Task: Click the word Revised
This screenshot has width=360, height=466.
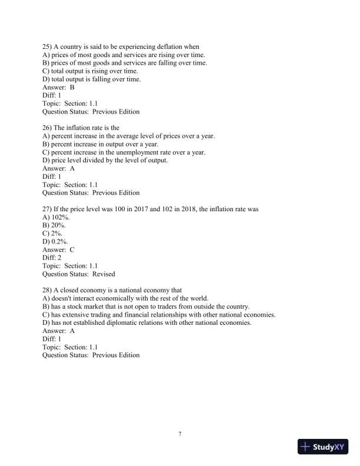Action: click(104, 274)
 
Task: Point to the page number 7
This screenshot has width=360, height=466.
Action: click(180, 434)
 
